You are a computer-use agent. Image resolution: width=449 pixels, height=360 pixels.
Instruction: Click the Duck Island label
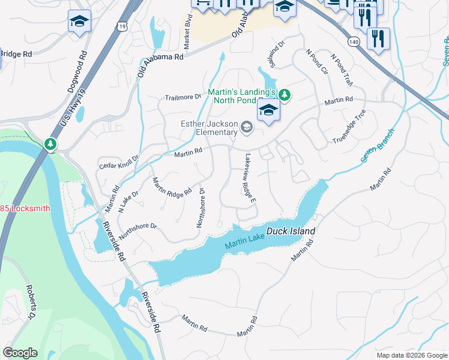pyautogui.click(x=293, y=231)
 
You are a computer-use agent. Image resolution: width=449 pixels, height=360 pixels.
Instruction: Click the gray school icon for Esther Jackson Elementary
pyautogui.click(x=246, y=127)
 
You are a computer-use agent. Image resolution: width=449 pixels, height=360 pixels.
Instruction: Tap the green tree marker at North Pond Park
pyautogui.click(x=285, y=95)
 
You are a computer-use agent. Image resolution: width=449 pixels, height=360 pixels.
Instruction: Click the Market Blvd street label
pyautogui.click(x=188, y=37)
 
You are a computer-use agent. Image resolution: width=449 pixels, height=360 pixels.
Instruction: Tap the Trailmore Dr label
pyautogui.click(x=183, y=97)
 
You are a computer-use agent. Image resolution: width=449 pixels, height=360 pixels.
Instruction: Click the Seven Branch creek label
pyautogui.click(x=378, y=145)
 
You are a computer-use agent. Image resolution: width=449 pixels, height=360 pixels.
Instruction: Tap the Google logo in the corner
pyautogui.click(x=20, y=352)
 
